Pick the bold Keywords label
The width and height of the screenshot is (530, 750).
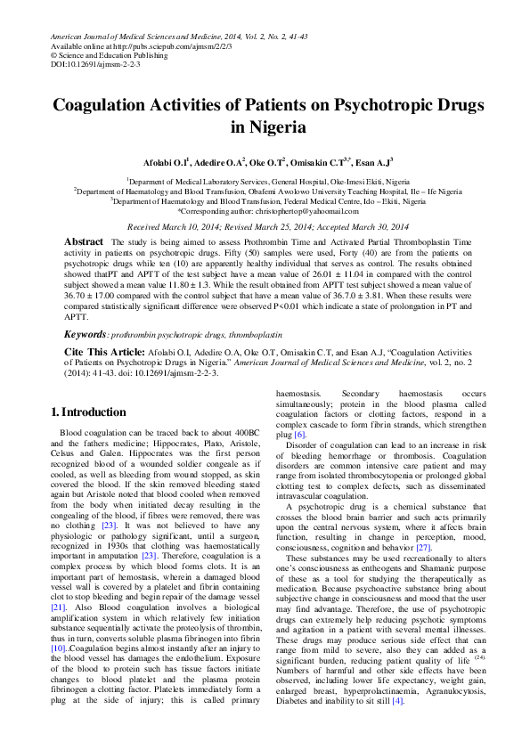point(85,334)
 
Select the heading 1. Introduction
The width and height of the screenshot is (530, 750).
point(88,412)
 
